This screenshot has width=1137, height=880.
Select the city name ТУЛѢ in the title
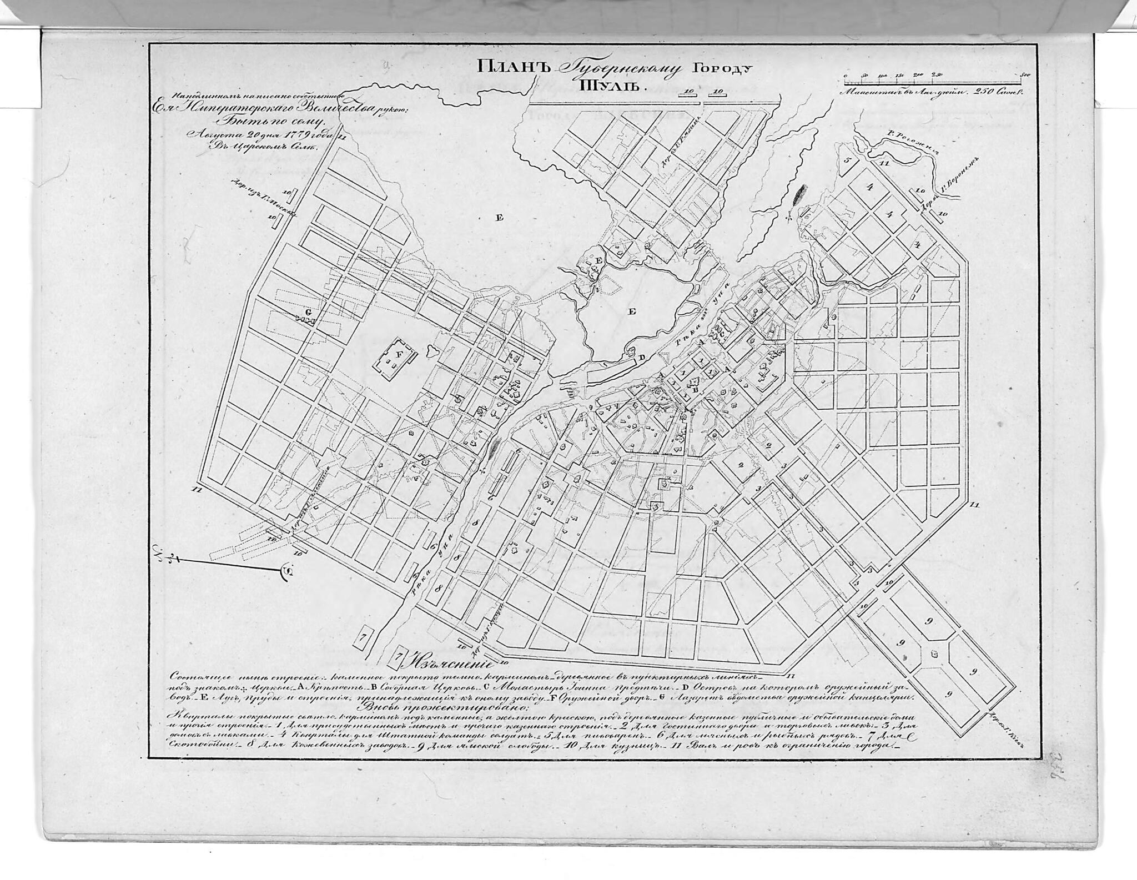pos(610,86)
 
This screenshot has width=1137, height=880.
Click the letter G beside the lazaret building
pos(309,313)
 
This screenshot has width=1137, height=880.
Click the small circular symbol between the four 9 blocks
pos(935,653)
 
